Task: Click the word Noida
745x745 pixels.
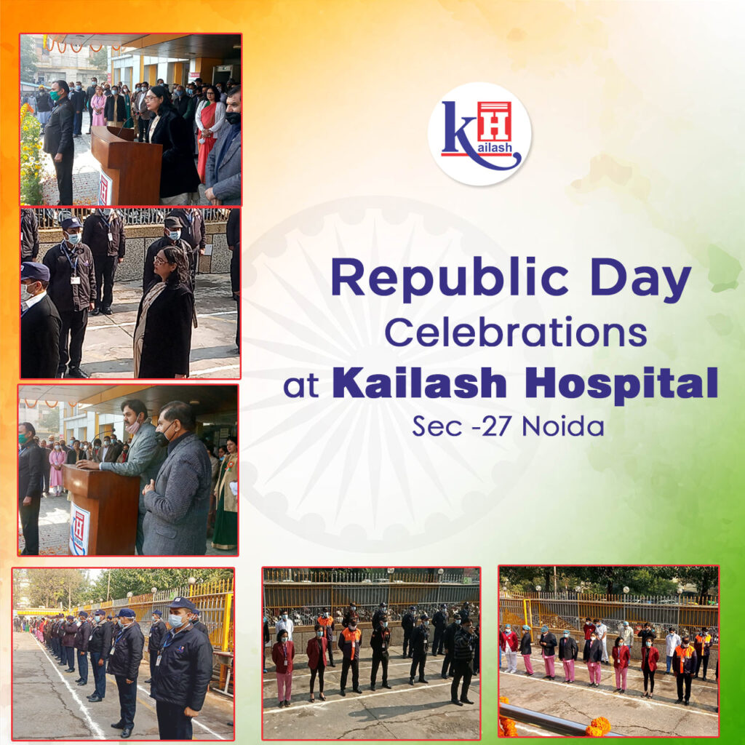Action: pyautogui.click(x=563, y=426)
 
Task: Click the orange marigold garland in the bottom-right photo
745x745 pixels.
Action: pyautogui.click(x=597, y=725)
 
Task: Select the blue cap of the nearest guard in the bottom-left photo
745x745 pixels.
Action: pyautogui.click(x=180, y=604)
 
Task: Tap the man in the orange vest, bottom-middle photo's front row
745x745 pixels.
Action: pyautogui.click(x=351, y=652)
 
